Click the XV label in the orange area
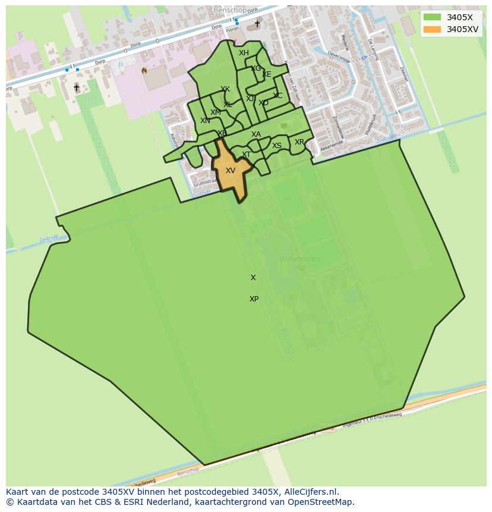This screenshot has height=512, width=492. [x=231, y=171]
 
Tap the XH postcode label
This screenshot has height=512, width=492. [x=244, y=53]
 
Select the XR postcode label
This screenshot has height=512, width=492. [x=299, y=142]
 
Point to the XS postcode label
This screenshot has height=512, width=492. [x=277, y=146]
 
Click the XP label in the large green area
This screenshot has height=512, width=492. [x=254, y=299]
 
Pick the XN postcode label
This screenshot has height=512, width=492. [x=205, y=121]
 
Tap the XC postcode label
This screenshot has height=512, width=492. [x=277, y=96]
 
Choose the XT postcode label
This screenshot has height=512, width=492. [x=246, y=155]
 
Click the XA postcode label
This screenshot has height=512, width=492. [x=256, y=134]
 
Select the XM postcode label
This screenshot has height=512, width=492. [x=215, y=112]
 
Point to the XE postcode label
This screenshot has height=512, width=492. [x=267, y=74]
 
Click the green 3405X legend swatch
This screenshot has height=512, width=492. [x=433, y=17]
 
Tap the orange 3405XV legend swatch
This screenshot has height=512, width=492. [x=433, y=29]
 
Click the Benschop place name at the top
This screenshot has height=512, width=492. [x=230, y=10]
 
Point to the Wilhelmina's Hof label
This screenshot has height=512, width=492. [x=299, y=263]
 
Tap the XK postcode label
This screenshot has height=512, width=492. [x=225, y=90]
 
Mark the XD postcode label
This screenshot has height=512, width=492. [x=264, y=103]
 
